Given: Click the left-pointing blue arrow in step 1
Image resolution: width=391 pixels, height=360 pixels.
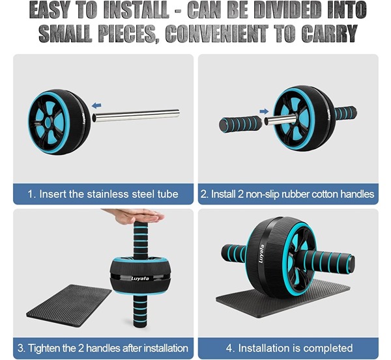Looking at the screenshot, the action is (96, 105).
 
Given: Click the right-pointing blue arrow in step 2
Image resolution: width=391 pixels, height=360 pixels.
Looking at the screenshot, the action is (264, 111).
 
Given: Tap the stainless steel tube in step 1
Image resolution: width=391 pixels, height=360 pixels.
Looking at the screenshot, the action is (136, 115).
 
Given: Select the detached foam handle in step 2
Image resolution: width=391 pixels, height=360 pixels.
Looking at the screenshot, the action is (240, 124).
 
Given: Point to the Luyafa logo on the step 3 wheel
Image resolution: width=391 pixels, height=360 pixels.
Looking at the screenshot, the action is (140, 278).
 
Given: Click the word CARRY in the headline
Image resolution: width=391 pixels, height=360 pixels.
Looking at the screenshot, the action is (329, 34).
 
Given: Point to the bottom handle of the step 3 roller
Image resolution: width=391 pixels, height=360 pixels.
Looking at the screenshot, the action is (140, 311).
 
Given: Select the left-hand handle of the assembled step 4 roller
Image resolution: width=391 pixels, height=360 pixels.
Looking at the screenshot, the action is (234, 253).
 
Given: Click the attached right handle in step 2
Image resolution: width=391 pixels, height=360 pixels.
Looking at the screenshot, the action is (345, 113).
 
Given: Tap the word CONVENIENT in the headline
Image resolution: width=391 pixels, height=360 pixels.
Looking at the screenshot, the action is (217, 34).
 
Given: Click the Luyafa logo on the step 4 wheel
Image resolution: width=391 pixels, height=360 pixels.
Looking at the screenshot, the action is (261, 254).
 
